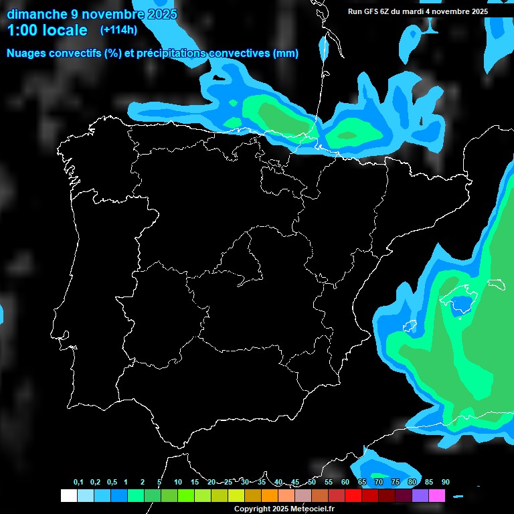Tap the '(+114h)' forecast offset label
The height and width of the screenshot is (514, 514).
(118, 29)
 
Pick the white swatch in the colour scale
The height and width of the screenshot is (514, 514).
(68, 495)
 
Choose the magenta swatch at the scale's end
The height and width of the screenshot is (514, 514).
(437, 495)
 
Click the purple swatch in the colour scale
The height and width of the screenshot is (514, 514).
(420, 495)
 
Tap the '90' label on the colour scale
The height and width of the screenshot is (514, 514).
(445, 483)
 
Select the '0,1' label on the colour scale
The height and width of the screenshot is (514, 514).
(78, 483)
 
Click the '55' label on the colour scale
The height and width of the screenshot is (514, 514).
(328, 483)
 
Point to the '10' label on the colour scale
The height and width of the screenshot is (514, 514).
(177, 483)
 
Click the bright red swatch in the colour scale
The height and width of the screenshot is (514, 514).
(353, 495)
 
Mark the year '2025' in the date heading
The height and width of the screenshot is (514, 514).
(159, 13)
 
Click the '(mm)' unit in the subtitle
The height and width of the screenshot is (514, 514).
(286, 53)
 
